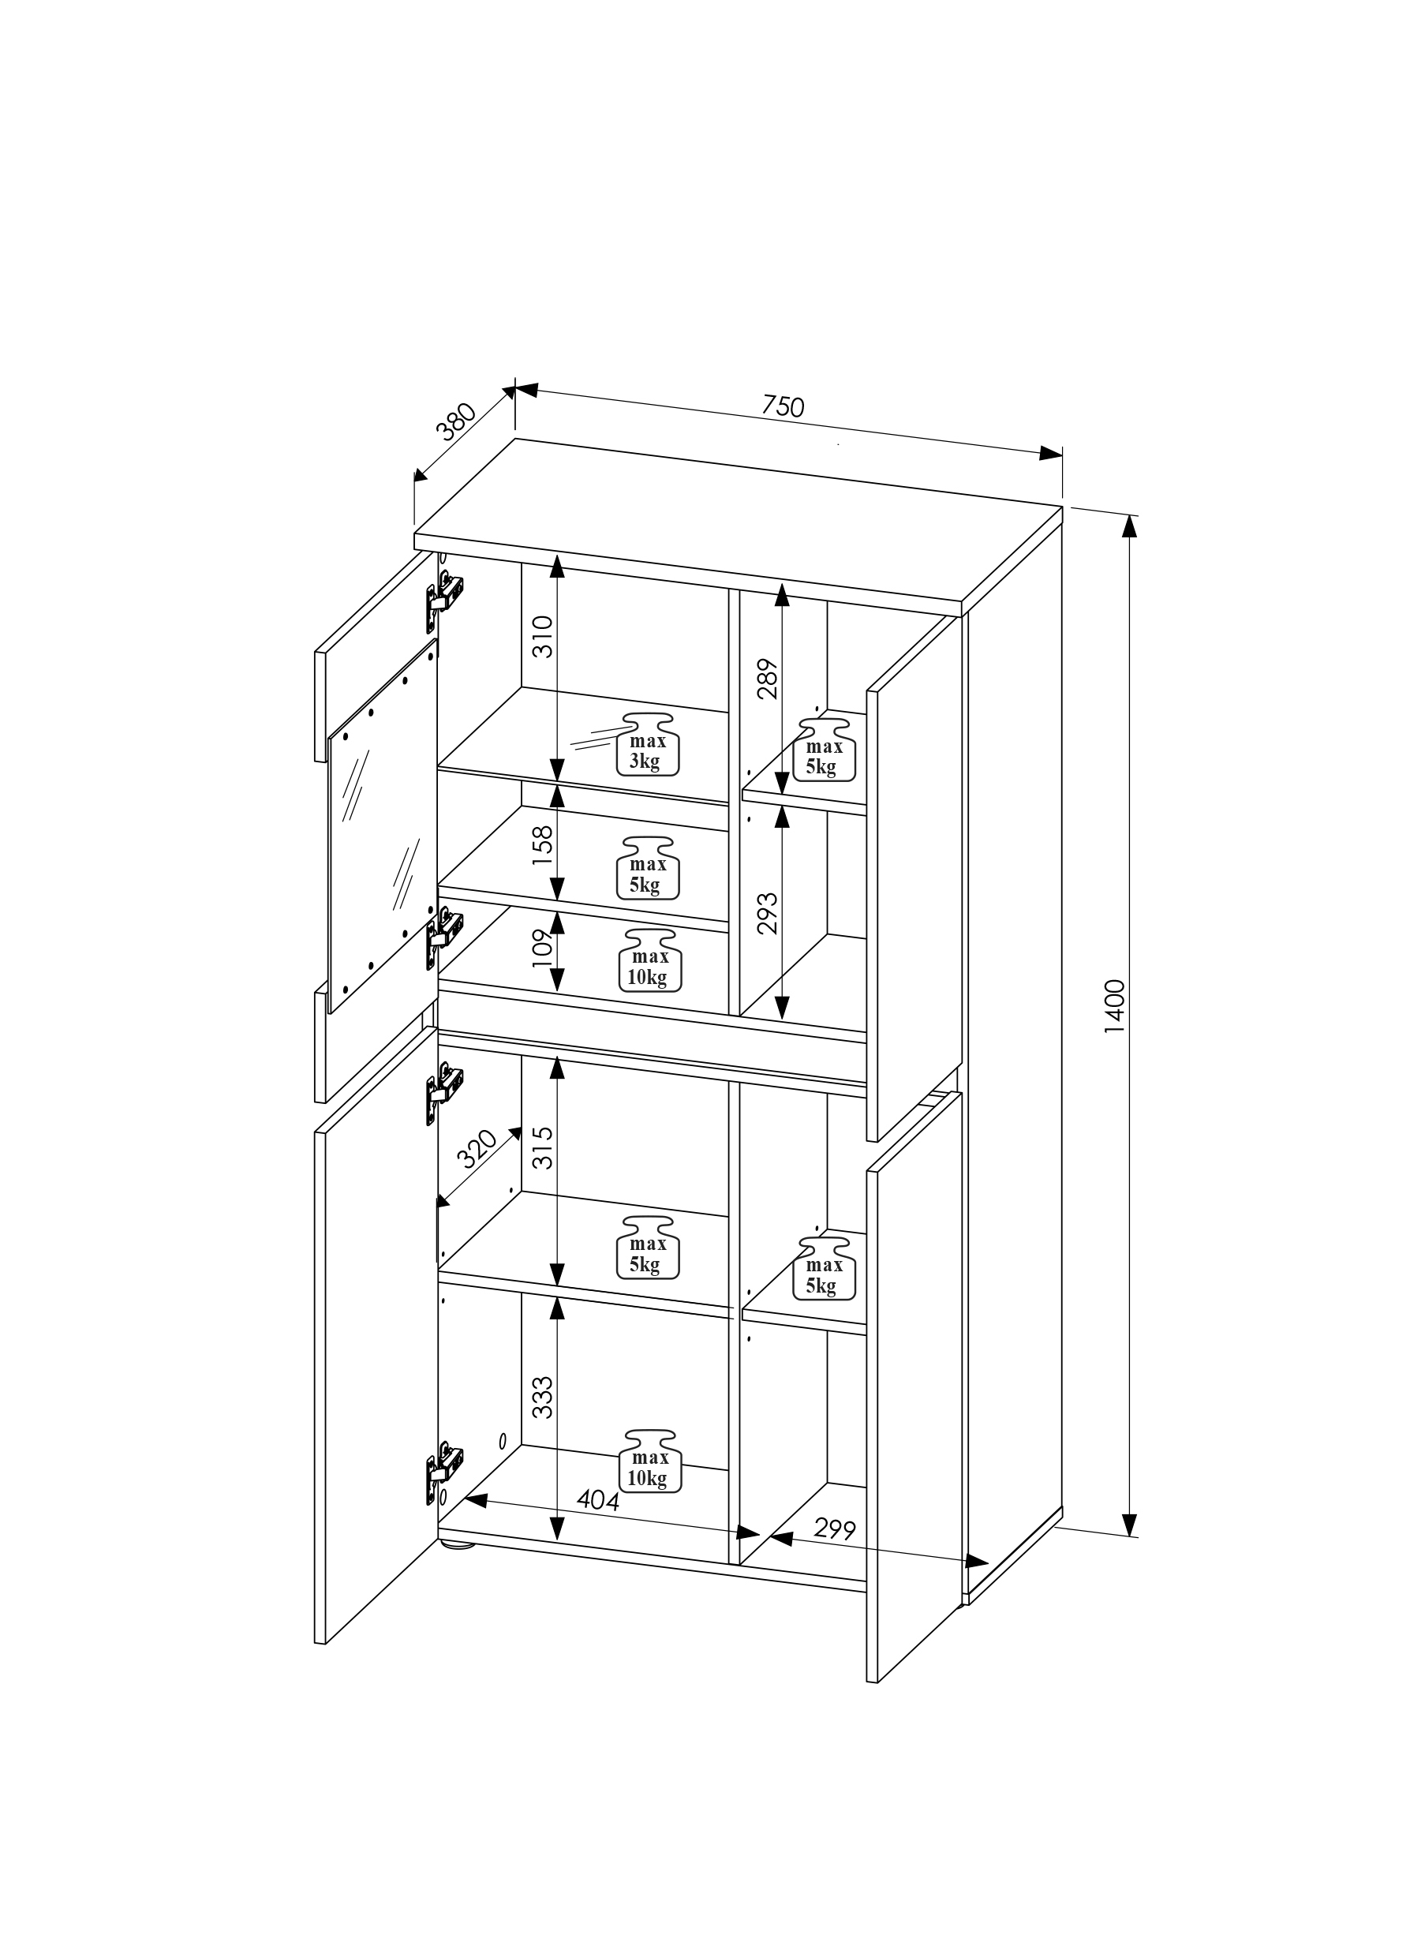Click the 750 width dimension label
pyautogui.click(x=784, y=406)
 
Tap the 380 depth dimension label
pyautogui.click(x=458, y=421)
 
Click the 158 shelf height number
pyautogui.click(x=540, y=848)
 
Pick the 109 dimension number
pyautogui.click(x=540, y=949)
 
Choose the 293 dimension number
pyautogui.click(x=767, y=913)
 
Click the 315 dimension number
pyautogui.click(x=541, y=1147)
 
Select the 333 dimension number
pyautogui.click(x=541, y=1397)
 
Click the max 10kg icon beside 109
pyautogui.click(x=648, y=960)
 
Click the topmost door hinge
pyautogui.click(x=443, y=593)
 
